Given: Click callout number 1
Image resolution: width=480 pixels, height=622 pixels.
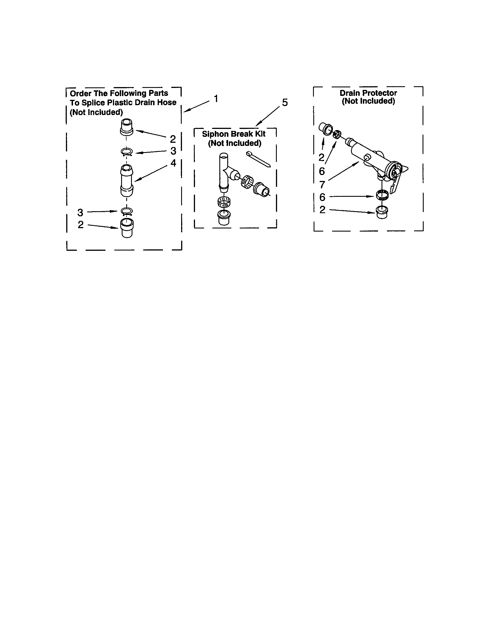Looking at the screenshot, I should coord(216,99).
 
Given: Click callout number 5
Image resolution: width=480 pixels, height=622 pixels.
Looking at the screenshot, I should coord(285,102).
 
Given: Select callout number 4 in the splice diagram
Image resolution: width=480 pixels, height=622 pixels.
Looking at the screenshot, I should coord(173,163).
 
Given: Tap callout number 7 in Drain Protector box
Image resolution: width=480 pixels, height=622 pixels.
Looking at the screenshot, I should coord(322,185).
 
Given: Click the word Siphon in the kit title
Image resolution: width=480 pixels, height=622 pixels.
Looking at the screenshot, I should coord(215,134).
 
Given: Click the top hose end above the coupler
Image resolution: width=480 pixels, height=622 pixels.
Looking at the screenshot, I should coord(127,127).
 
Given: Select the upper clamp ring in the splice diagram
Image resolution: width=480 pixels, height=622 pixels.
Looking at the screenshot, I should coord(127,152).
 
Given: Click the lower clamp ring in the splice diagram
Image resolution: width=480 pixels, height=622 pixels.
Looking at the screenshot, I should coord(127,211).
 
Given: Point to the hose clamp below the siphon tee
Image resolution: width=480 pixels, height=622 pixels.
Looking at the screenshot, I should coord(224,202).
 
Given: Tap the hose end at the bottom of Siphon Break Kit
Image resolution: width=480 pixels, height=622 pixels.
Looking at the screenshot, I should coord(224,218).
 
